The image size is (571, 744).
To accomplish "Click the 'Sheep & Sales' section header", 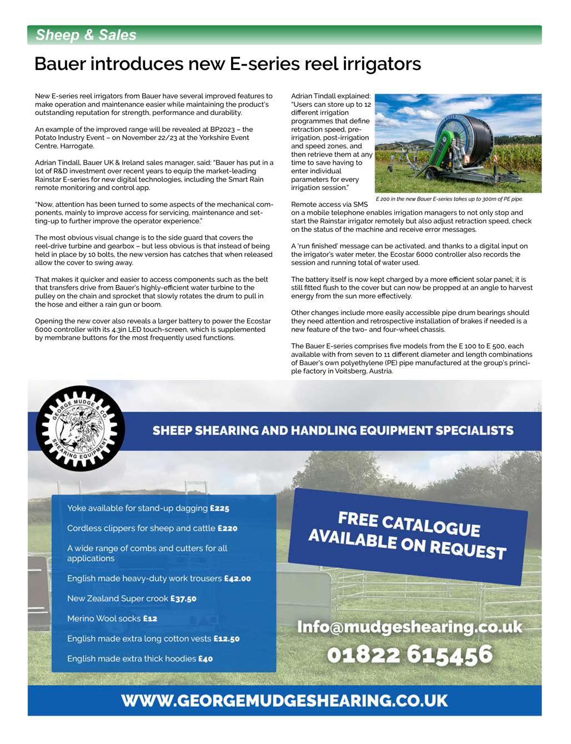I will (x=86, y=35).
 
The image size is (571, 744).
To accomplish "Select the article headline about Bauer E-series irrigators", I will (x=228, y=64).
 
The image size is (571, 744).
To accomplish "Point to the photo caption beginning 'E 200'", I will (x=449, y=199).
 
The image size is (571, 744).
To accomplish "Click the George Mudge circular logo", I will (x=80, y=429).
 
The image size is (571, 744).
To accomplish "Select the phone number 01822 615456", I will (x=409, y=655).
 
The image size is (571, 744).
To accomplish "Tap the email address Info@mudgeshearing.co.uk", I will (x=410, y=627).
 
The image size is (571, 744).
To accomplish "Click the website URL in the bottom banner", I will (x=284, y=700).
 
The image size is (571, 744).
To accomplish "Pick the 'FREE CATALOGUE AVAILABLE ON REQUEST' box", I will (x=408, y=536).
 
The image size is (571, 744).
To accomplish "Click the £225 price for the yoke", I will (x=219, y=508).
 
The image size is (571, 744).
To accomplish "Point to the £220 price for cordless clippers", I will (x=227, y=528).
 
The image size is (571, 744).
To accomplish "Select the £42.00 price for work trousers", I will (x=237, y=578).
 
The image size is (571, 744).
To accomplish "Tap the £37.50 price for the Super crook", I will (x=183, y=599).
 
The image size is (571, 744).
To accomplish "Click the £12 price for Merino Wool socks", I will (x=150, y=618).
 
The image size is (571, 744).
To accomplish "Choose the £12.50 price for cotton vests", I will (x=226, y=639).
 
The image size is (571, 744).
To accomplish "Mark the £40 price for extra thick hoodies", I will (x=206, y=659).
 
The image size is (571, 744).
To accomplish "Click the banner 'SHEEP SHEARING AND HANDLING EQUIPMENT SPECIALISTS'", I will (x=333, y=431).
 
